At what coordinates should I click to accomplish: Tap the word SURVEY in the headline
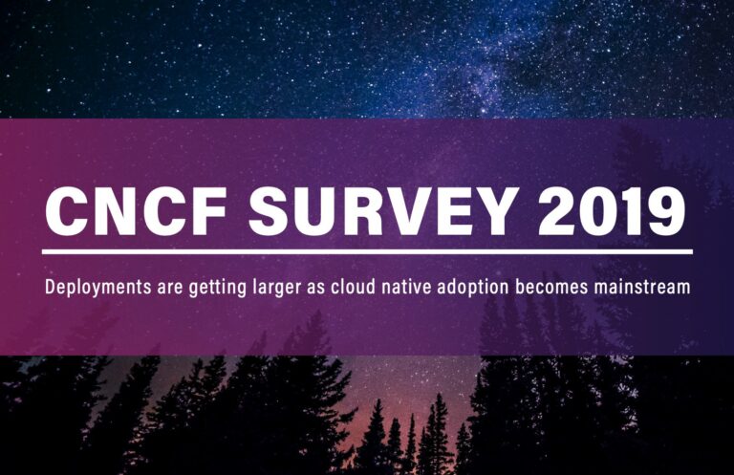(382, 210)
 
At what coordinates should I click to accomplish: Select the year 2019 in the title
(612, 210)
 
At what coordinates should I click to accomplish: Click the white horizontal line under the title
(367, 251)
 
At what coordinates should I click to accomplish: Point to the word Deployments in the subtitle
(98, 288)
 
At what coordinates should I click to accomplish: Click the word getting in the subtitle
(217, 288)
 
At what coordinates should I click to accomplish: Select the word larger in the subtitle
(276, 288)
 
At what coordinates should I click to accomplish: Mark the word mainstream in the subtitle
(642, 287)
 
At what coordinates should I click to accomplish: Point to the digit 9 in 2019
(666, 210)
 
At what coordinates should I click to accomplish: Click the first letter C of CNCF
(65, 210)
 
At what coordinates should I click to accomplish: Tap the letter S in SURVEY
(268, 210)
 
